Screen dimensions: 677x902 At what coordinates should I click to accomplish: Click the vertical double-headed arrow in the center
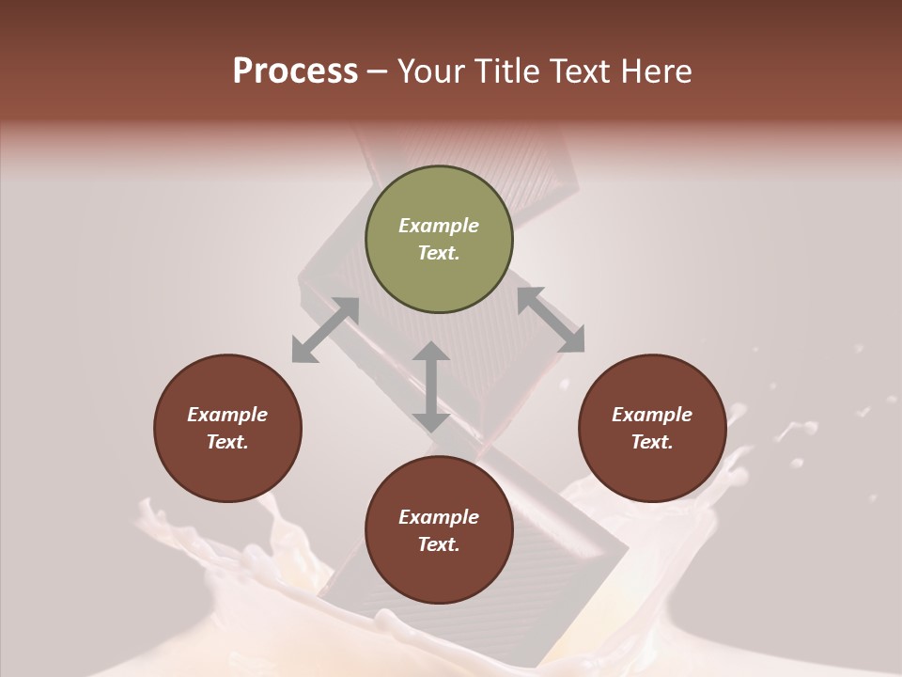(x=431, y=386)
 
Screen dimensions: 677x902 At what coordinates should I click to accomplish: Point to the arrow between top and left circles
(x=325, y=330)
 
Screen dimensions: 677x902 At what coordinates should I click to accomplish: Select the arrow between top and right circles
(x=551, y=320)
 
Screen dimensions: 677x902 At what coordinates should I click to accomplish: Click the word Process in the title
(x=295, y=71)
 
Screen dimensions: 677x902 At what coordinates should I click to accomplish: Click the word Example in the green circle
(x=439, y=226)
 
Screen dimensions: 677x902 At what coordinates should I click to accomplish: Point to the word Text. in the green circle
(x=439, y=253)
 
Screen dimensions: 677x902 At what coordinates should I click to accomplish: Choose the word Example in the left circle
(x=227, y=415)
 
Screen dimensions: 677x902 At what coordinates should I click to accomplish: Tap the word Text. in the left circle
(x=227, y=442)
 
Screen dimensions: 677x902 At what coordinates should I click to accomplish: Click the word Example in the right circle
(x=652, y=415)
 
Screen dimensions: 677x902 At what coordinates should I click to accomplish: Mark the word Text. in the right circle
(x=652, y=442)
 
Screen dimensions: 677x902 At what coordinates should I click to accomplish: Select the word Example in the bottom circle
(x=439, y=517)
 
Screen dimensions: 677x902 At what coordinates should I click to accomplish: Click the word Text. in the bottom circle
(x=439, y=544)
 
